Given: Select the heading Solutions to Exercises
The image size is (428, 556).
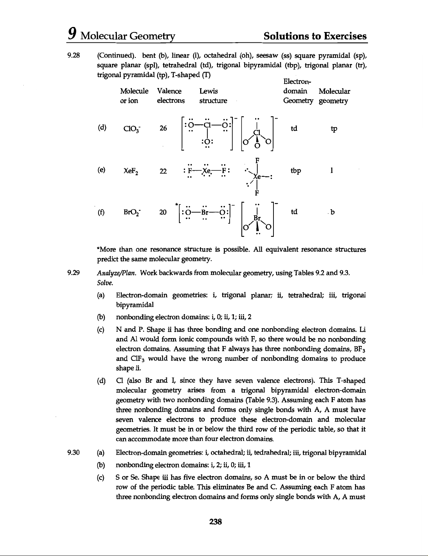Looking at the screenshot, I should tap(315, 36).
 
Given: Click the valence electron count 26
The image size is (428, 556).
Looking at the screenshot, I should tap(163, 129).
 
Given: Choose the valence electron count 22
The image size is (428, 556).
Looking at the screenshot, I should tap(163, 171).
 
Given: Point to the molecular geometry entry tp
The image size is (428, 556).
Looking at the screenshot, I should tap(334, 129).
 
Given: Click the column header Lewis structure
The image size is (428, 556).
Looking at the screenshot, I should tap(213, 96).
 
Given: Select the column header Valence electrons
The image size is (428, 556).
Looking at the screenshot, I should tap(170, 96).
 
